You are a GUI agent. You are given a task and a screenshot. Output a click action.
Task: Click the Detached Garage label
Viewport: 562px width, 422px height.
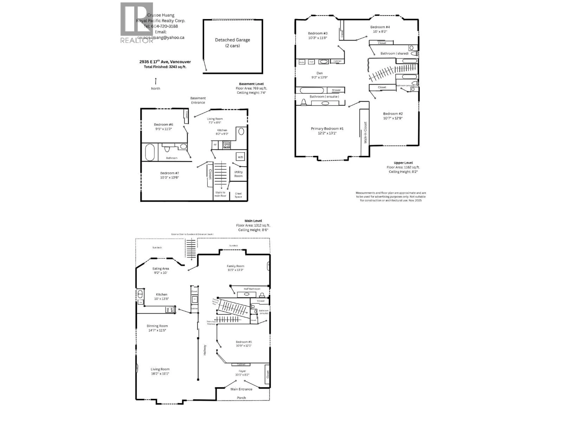pos(232,40)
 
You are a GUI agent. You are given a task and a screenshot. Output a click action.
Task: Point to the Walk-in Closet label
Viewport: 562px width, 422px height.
pos(365,132)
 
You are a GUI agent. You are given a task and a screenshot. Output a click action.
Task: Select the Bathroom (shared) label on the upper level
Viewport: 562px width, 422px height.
pos(394,53)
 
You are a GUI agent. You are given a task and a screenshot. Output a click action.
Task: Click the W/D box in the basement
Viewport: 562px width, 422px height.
pos(240,157)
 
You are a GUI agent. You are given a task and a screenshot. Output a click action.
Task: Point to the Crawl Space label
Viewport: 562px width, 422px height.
pos(238,195)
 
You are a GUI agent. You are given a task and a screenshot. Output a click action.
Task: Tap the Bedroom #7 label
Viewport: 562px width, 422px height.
pos(169,173)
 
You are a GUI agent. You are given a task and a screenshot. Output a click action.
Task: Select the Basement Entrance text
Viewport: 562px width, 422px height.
pos(198,100)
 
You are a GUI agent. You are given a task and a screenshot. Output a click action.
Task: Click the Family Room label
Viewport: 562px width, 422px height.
pos(235,266)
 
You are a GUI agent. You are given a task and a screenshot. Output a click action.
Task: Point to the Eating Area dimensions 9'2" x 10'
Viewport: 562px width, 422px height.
pos(161,273)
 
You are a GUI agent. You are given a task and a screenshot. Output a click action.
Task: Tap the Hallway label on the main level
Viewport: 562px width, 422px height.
pos(205,350)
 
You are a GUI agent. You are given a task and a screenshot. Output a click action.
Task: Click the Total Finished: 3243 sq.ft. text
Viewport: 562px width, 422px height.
pos(165,67)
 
